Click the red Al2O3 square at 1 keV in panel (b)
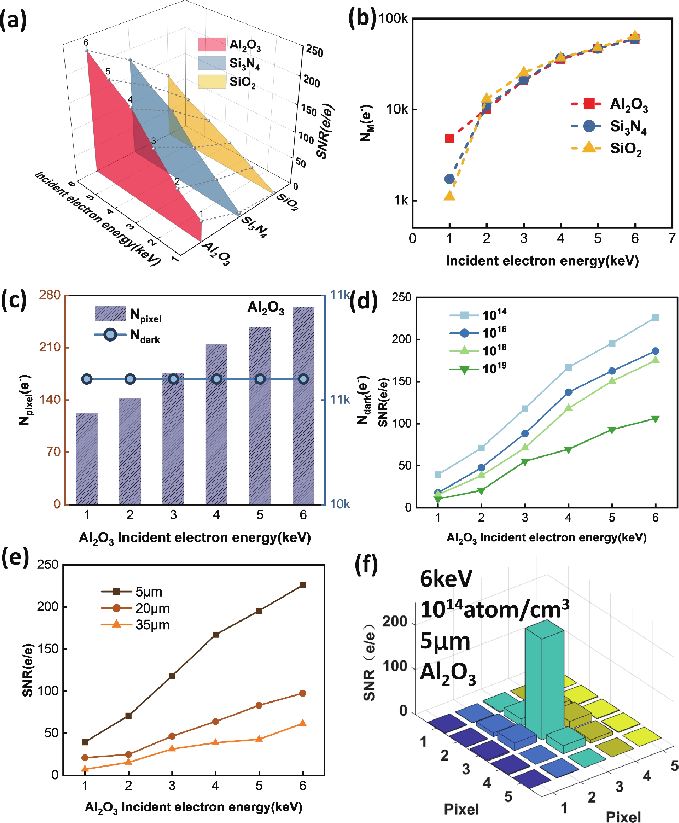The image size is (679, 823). [449, 138]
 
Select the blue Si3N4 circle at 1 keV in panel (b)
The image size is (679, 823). [449, 179]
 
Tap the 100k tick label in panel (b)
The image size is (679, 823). [393, 18]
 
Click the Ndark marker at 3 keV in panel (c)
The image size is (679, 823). [173, 379]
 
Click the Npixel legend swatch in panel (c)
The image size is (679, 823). [110, 314]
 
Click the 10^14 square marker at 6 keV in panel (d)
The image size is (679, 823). [656, 317]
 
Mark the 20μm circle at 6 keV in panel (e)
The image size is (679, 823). [302, 693]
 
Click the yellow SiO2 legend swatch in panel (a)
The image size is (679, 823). [212, 82]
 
